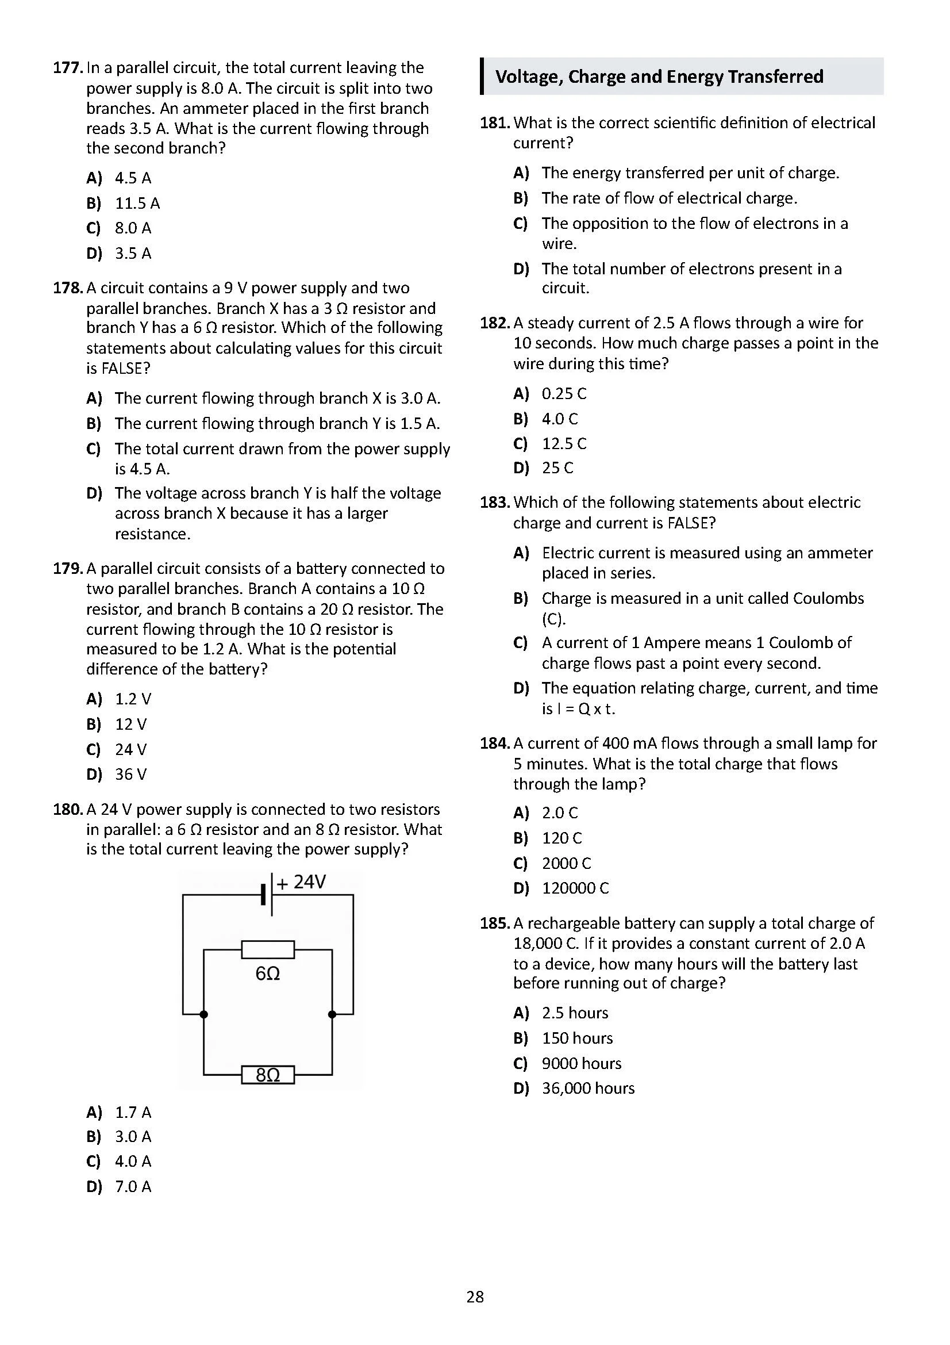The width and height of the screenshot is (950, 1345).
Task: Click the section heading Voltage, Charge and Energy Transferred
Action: point(659,76)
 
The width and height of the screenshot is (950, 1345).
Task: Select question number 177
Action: point(67,68)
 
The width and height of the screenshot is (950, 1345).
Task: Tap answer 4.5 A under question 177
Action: point(133,178)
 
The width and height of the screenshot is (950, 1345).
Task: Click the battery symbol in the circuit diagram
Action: point(267,895)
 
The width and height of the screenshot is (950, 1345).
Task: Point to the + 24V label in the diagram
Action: point(302,882)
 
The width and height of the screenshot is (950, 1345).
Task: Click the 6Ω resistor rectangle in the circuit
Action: point(268,949)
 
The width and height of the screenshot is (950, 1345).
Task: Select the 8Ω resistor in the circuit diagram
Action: point(268,1075)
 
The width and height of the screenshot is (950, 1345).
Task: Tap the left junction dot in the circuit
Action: point(203,1014)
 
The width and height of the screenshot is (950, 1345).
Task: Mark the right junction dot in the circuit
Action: point(332,1014)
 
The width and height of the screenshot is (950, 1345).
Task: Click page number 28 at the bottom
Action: point(475,1297)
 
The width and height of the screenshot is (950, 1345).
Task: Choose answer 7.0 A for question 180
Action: point(133,1187)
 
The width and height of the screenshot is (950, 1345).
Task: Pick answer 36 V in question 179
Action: point(130,775)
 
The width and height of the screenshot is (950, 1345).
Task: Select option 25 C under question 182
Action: point(557,468)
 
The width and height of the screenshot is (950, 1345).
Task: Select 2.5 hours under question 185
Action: point(575,1013)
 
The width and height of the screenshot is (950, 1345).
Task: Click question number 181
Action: point(495,123)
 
